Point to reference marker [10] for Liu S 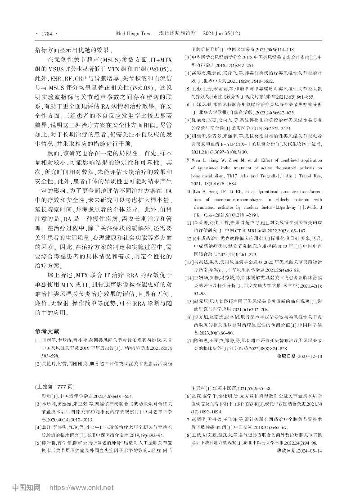(x=189, y=191)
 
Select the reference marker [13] (x=189, y=274)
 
